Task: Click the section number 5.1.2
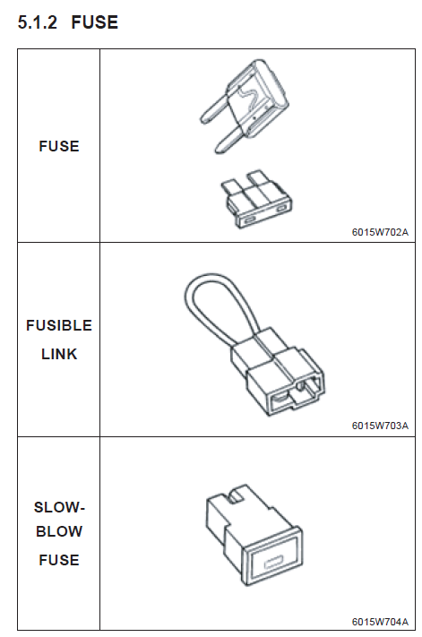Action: (x=38, y=22)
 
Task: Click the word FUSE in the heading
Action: (x=95, y=22)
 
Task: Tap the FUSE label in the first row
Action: (x=59, y=146)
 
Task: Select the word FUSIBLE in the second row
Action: (x=59, y=325)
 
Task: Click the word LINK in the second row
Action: (x=59, y=354)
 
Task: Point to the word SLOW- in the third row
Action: (x=59, y=507)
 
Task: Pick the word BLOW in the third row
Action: (x=59, y=532)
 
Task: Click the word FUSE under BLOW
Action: (x=59, y=560)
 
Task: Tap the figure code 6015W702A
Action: (x=380, y=232)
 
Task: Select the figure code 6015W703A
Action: (x=380, y=426)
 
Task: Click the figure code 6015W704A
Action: (x=380, y=622)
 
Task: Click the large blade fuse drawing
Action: (x=244, y=107)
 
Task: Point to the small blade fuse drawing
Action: (x=256, y=200)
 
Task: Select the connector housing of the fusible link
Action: (x=279, y=373)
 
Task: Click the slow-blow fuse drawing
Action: (x=254, y=534)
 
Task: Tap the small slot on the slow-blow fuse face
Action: (x=273, y=564)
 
